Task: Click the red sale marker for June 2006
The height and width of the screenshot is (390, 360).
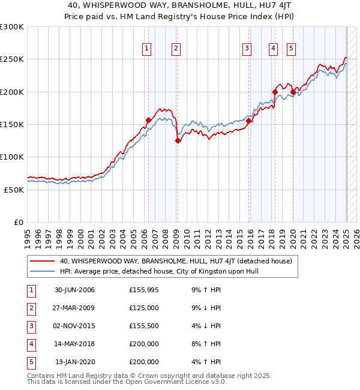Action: (x=148, y=120)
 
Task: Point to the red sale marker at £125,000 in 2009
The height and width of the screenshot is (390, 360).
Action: (x=178, y=140)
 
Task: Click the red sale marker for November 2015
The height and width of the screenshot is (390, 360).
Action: (x=248, y=121)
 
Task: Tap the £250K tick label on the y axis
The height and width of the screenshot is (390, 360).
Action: (x=12, y=59)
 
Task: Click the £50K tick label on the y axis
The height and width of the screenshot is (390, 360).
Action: (x=14, y=190)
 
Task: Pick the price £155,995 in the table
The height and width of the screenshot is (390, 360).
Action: (x=144, y=290)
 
